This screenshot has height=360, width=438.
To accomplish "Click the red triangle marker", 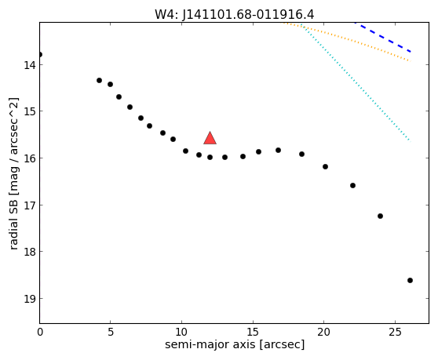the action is point(210,138).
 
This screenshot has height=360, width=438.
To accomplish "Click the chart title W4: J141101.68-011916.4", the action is point(235,15).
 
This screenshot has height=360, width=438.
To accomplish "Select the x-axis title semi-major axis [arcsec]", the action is point(235,344).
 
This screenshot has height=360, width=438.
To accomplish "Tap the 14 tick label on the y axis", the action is point(30,65).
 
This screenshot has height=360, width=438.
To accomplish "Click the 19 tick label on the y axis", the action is point(30,299).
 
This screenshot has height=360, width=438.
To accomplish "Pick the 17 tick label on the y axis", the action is point(30,205).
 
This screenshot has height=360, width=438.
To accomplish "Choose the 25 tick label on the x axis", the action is point(395,332).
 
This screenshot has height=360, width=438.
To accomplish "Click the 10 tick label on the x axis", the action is point(181,332).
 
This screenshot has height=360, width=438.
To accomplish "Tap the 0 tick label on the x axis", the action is point(40,332).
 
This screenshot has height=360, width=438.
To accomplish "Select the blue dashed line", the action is point(383,37).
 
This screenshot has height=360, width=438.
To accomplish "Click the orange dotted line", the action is point(347,41).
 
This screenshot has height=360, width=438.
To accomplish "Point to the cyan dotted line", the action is point(356,82).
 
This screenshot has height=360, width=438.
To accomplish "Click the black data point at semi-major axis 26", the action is point(410,281).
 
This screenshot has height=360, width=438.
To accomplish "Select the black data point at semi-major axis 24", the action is point(380,216).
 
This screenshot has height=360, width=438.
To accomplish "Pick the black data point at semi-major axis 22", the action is point(352,186).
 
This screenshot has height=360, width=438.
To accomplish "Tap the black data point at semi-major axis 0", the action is point(40,54).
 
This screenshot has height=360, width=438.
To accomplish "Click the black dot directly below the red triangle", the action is point(210,158).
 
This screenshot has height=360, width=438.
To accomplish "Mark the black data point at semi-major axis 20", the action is point(325,166).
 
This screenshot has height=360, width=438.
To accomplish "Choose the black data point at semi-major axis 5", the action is point(111,84).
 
